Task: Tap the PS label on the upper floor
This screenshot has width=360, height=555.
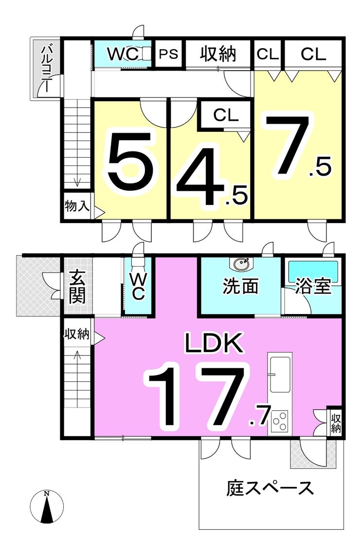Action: (x=169, y=54)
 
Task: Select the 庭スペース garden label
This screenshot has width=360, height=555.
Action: (x=270, y=487)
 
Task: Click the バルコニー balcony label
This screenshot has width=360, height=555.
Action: (x=47, y=68)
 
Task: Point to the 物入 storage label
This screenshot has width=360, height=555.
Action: (x=77, y=206)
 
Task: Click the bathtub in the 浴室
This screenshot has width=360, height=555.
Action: (x=313, y=269)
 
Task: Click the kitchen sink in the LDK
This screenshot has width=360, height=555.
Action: (x=280, y=374)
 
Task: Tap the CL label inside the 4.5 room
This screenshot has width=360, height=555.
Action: (x=225, y=115)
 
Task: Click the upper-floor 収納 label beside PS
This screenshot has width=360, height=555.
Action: (x=218, y=54)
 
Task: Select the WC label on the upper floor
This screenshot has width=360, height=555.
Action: (x=123, y=54)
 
